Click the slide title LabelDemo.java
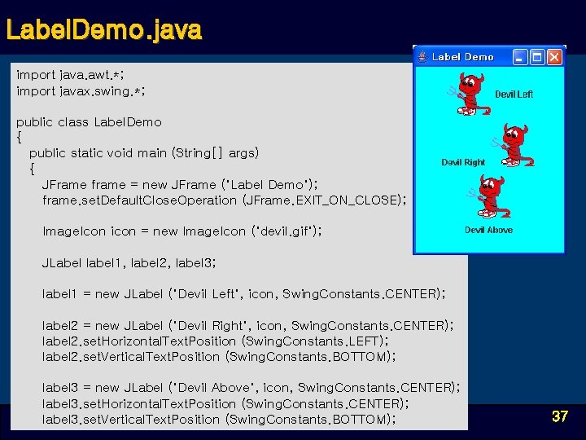(103, 31)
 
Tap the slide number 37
(559, 416)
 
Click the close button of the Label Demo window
(554, 57)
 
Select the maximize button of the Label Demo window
(537, 57)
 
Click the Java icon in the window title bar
(422, 57)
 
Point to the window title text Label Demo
(462, 57)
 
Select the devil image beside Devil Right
(513, 145)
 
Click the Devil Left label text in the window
(514, 95)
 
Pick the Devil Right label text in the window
(463, 162)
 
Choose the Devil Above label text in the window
(488, 230)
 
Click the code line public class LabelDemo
(89, 122)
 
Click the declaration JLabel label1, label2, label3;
(129, 262)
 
